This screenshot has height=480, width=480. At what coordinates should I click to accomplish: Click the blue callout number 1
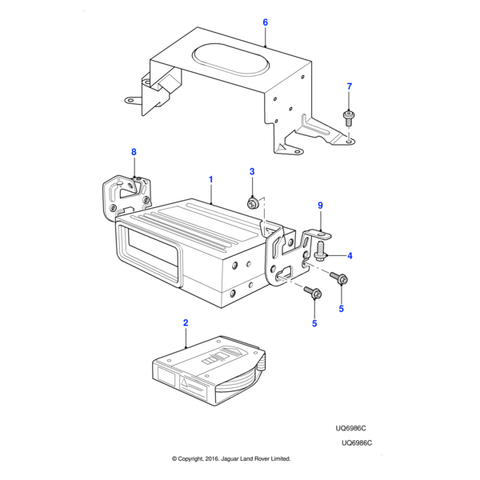(x=211, y=181)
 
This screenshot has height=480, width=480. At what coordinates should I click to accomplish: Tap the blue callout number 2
(x=186, y=323)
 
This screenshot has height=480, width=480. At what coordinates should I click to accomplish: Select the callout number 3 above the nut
(x=252, y=172)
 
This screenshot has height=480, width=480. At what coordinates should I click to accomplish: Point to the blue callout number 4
(x=349, y=256)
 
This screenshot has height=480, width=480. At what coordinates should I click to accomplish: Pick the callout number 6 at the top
(x=265, y=22)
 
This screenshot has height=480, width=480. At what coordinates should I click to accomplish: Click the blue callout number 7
(x=349, y=86)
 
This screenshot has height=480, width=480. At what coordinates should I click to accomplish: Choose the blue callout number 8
(x=134, y=152)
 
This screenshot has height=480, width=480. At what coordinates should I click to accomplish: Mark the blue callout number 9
(x=320, y=206)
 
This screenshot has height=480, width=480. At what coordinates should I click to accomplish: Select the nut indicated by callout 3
(x=253, y=205)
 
